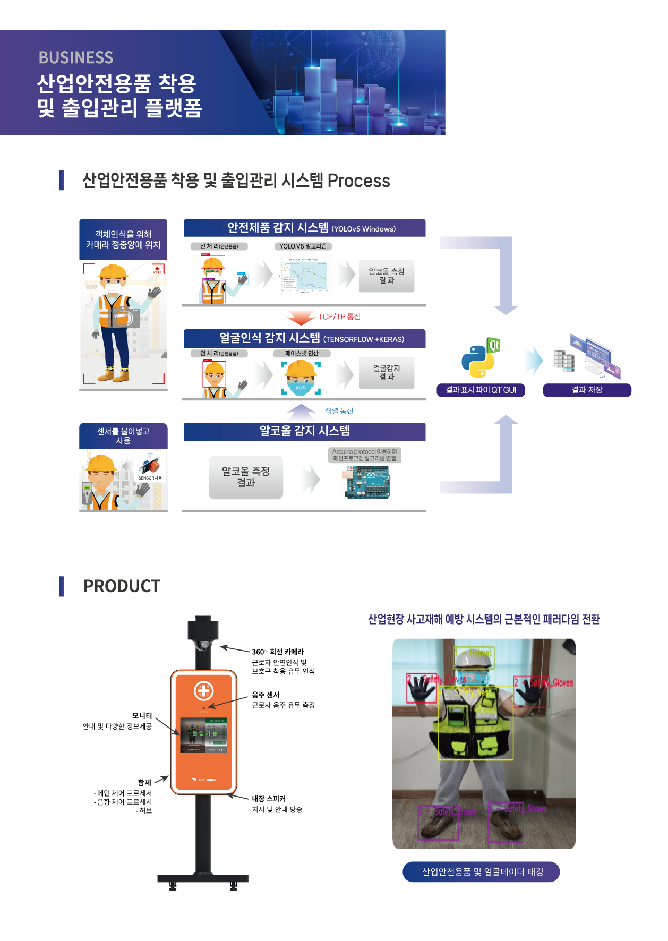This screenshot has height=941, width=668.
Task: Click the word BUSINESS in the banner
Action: (76, 57)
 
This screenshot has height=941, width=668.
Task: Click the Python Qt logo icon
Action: (480, 357)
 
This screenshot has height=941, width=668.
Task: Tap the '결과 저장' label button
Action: (587, 390)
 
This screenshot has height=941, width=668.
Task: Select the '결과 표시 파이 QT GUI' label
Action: (481, 390)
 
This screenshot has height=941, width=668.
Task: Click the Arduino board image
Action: (367, 482)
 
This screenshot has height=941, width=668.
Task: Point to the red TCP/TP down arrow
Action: (301, 317)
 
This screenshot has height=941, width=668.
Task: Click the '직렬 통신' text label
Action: (339, 411)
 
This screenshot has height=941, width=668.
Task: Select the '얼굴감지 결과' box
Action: (387, 373)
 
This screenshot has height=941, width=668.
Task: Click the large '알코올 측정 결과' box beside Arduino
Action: (245, 477)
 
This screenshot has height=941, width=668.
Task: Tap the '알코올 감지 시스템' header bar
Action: (304, 431)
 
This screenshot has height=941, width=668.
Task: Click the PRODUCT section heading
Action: (122, 586)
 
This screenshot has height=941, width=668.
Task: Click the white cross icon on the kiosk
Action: (203, 691)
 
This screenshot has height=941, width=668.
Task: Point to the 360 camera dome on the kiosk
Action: (203, 646)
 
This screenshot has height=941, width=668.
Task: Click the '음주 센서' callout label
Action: (266, 695)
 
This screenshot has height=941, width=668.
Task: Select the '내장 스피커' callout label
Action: (269, 799)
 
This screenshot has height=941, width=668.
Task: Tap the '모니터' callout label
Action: (142, 716)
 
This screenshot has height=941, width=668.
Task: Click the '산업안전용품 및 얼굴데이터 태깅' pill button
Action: (481, 872)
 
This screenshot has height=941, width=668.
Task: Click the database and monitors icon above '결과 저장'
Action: (587, 357)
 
